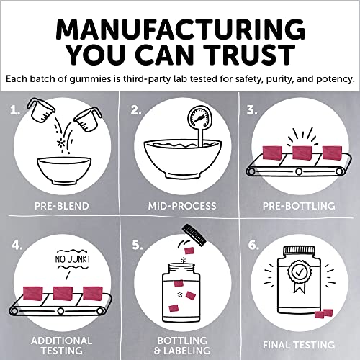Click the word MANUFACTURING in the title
click(x=181, y=30)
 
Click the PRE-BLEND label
click(x=62, y=206)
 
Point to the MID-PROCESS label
click(x=182, y=206)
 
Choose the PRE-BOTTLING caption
click(x=299, y=206)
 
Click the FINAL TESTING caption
click(x=299, y=345)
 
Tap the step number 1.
click(x=15, y=110)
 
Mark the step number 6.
click(x=253, y=245)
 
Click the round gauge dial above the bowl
click(x=200, y=118)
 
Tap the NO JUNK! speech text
click(x=73, y=259)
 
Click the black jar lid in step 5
click(x=194, y=235)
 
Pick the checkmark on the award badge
click(x=299, y=272)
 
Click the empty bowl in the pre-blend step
click(x=64, y=171)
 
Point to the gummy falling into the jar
click(x=189, y=251)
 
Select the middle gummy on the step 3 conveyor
click(x=302, y=153)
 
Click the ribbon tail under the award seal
click(x=300, y=287)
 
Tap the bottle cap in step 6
click(x=299, y=251)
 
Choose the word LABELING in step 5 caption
click(x=187, y=351)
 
